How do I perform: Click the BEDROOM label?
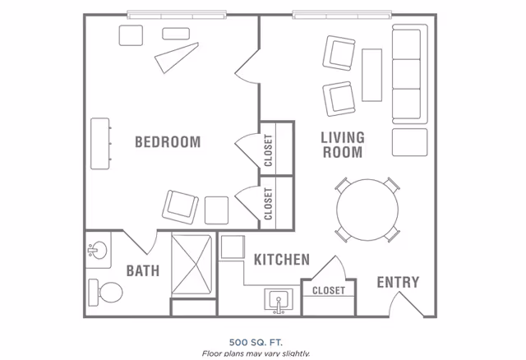(168, 142)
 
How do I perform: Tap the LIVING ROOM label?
(342, 145)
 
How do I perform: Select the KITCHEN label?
(281, 261)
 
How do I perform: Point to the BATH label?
(142, 271)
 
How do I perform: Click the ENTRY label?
(398, 283)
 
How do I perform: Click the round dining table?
(366, 209)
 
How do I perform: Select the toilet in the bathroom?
(104, 291)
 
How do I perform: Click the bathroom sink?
(99, 251)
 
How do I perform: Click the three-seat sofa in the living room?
(409, 75)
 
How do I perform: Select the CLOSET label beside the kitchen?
(329, 291)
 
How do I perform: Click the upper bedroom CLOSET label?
(269, 149)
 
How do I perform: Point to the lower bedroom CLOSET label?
(269, 203)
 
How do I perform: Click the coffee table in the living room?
(371, 74)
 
